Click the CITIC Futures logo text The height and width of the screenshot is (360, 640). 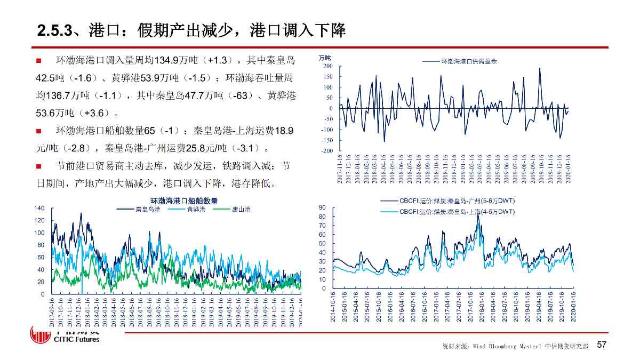pos(77,339)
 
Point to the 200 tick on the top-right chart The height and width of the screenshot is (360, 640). pos(327,66)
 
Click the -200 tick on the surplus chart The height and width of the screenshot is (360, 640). pos(327,151)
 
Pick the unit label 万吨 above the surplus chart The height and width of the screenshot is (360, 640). pos(324,58)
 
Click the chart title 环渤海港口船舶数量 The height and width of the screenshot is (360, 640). pos(184,201)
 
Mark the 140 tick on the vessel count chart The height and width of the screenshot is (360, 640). pos(39,208)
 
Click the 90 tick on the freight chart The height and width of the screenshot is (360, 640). pos(322,207)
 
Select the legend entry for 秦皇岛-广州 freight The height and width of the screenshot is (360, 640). pos(456,201)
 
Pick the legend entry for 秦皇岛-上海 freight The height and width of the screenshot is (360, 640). pos(456,212)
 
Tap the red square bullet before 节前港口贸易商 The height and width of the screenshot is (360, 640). pos(38,166)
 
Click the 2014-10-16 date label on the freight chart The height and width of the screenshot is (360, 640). pos(333,306)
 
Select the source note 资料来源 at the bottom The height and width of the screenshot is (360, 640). pos(453,347)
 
